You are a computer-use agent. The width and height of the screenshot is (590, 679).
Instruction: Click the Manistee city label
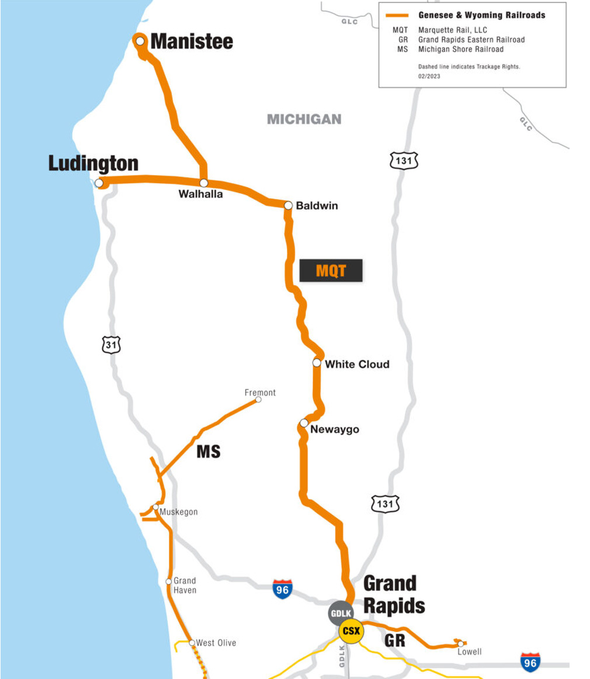tap(192, 42)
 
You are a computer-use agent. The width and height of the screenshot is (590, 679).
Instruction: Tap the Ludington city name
tap(93, 164)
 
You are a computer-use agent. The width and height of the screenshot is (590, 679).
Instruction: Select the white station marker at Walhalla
tap(204, 183)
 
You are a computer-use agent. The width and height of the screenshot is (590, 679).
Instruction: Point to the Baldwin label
tap(317, 206)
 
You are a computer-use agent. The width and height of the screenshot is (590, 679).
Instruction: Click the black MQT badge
tap(331, 271)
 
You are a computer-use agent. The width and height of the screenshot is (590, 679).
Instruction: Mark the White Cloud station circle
tap(317, 363)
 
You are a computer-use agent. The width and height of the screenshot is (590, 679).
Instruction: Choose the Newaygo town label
tap(335, 430)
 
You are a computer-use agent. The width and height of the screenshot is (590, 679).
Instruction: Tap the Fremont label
tap(260, 392)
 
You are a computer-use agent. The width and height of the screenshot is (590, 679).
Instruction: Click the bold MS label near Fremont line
tap(209, 451)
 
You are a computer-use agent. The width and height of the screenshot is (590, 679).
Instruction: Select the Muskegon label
tap(179, 512)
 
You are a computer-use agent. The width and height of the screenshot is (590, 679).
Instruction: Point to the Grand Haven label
tap(185, 585)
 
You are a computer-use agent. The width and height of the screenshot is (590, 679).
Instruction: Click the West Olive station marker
tap(192, 643)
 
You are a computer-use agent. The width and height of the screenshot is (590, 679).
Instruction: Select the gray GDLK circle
tap(341, 613)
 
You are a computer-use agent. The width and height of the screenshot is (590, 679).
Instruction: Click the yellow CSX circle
tap(351, 631)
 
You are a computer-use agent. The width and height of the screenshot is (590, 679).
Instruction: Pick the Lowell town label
tap(470, 652)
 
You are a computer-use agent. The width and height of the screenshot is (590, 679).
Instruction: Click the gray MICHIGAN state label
tap(304, 119)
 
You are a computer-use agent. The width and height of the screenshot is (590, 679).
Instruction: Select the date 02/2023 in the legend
tap(429, 77)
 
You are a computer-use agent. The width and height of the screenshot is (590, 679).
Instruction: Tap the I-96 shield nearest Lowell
tap(530, 662)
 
